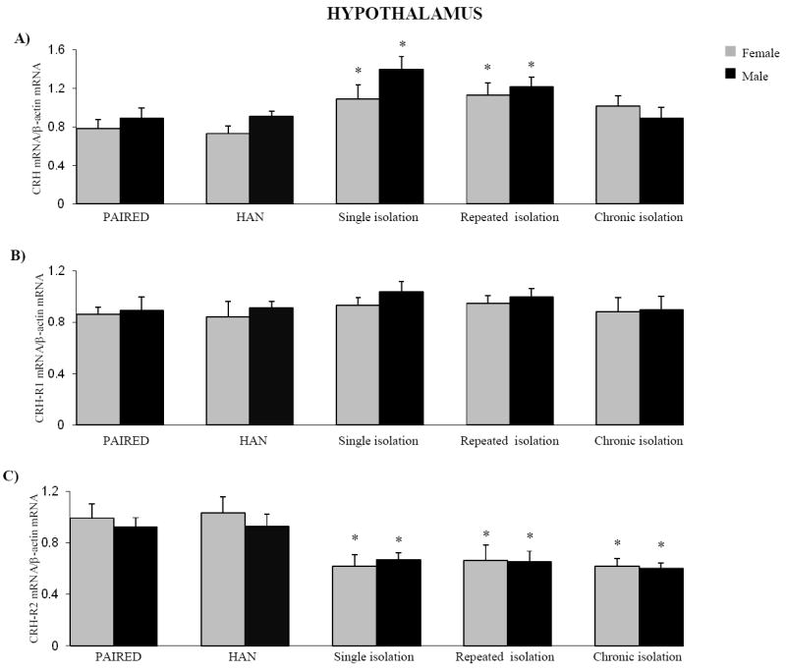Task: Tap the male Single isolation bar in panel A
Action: [x=401, y=137]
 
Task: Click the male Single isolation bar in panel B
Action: [x=401, y=359]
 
